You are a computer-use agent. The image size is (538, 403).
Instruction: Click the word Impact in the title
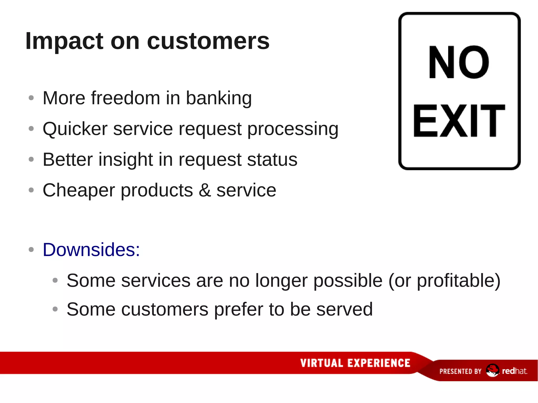[x=65, y=41]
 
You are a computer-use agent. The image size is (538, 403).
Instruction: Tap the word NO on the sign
[x=459, y=62]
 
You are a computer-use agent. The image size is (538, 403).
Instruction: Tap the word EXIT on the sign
[x=459, y=121]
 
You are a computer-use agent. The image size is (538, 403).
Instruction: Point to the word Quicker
[x=75, y=129]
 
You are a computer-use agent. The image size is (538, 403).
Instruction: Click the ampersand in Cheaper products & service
[x=205, y=190]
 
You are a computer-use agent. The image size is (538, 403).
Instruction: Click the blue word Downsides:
[x=91, y=250]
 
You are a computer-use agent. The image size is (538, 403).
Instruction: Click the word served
[x=344, y=309]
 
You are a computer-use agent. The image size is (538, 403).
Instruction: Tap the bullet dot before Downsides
[x=31, y=249]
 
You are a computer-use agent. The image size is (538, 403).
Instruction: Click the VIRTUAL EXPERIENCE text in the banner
[x=355, y=363]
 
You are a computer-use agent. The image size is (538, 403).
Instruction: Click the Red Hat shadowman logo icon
[x=492, y=370]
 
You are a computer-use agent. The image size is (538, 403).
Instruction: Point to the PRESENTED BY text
[x=460, y=371]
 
